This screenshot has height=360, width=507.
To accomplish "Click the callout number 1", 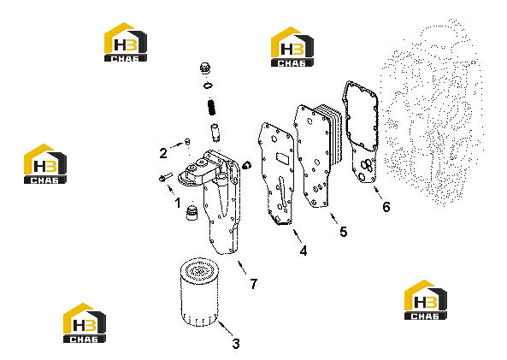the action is point(178,203).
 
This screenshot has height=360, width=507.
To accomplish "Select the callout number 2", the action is point(163,153).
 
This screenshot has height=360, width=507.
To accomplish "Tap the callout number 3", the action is point(236,344).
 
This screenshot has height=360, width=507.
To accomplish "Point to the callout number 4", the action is point(304,251).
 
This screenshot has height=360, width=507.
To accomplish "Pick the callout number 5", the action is point(344,232).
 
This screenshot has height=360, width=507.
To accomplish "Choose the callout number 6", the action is point(386,207).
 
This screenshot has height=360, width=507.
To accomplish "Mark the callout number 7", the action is point(254,284).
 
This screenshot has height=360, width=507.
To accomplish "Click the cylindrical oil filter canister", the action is point(199,292).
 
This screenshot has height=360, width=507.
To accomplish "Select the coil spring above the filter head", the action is point(211,107).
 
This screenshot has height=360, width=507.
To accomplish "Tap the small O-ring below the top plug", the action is point(209,86).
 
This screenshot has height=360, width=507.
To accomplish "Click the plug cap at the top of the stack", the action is point(205,68).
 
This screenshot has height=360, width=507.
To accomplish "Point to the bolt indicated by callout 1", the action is point(166,177).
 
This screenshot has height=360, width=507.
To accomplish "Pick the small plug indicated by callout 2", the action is point(187,141).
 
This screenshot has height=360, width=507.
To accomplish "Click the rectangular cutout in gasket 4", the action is point(282,159).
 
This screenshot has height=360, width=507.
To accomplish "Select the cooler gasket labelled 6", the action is point(360,132).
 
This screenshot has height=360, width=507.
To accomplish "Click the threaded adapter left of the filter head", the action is point(192,211).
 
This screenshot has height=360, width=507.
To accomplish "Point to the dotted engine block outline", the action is point(433,113).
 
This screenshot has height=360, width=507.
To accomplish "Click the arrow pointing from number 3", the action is point(225,328).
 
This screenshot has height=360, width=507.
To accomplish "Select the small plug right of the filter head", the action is point(247,165).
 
